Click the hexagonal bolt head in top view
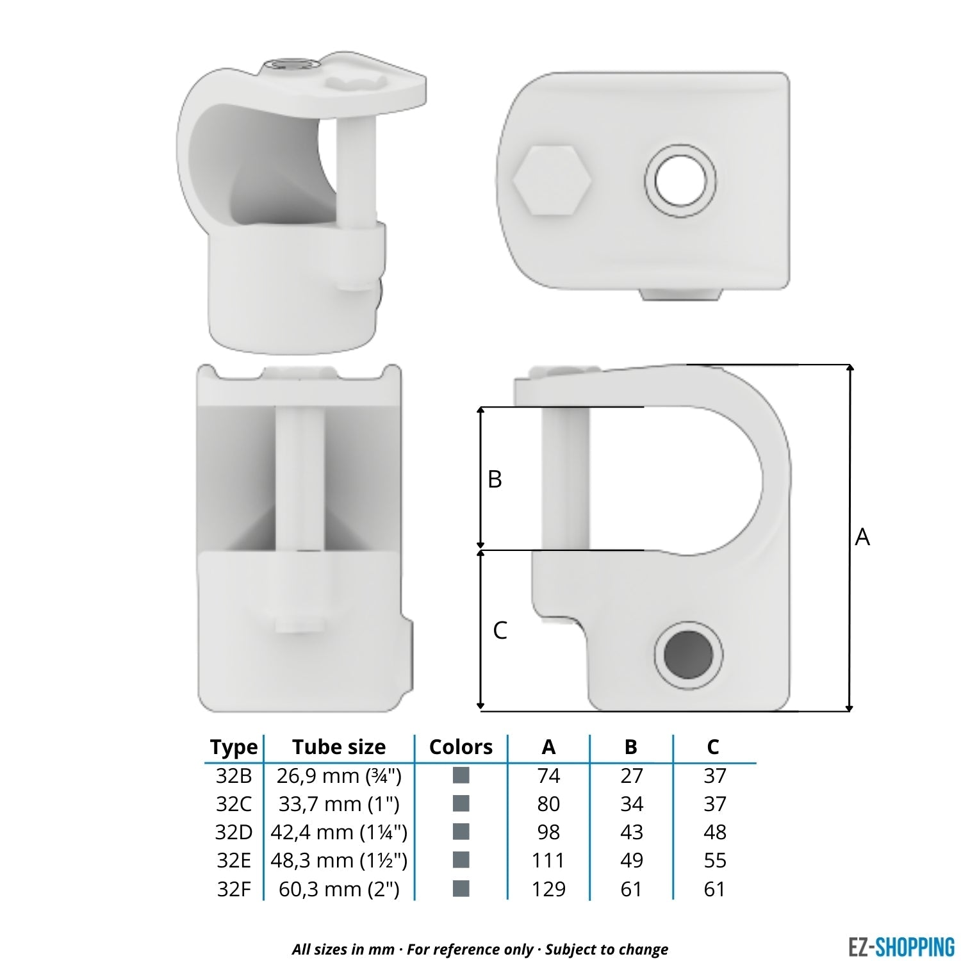[552, 180]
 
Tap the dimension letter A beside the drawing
[862, 537]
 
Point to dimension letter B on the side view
[495, 479]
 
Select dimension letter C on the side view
[500, 630]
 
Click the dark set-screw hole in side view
[688, 654]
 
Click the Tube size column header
[339, 747]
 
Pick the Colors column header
[461, 747]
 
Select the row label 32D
[234, 832]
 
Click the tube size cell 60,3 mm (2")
[339, 889]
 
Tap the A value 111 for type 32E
[548, 860]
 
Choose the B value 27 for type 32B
[631, 776]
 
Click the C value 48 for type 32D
[714, 832]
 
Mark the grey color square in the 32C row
[461, 803]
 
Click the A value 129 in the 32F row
[548, 889]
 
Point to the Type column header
[234, 747]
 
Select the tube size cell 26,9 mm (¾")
[339, 776]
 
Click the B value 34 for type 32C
[631, 804]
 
